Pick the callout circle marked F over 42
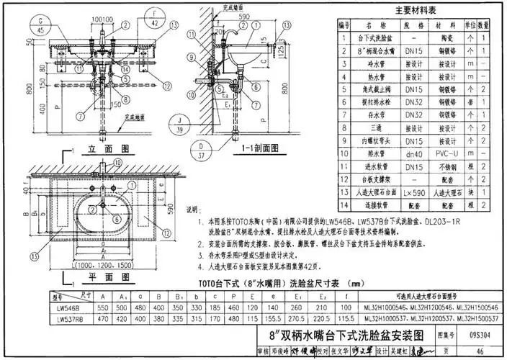point(153,19)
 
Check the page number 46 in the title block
point(480,349)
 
